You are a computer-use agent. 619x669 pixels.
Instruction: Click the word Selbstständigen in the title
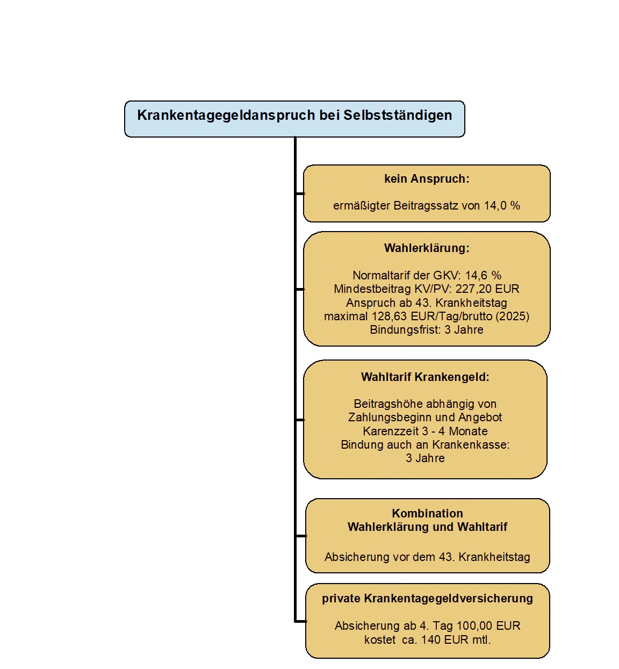click(398, 116)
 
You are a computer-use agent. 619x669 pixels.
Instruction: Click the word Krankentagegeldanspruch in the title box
click(226, 116)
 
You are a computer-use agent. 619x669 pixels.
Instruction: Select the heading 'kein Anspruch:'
click(427, 179)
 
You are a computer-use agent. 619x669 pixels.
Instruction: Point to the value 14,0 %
click(502, 205)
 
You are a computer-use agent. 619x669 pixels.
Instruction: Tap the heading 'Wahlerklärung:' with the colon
click(427, 248)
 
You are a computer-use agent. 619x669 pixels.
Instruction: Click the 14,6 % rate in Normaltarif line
click(483, 276)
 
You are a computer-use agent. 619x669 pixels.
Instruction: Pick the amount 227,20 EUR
click(487, 289)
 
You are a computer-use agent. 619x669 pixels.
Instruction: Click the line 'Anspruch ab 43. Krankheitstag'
click(426, 303)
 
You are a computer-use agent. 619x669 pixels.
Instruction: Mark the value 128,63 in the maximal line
click(390, 316)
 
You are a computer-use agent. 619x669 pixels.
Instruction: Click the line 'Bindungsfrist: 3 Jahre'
click(426, 329)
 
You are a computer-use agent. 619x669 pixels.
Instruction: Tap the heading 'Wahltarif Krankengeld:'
click(425, 377)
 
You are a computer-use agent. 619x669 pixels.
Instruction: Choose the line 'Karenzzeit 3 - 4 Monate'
click(425, 431)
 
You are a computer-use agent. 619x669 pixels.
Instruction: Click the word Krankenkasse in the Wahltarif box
click(471, 444)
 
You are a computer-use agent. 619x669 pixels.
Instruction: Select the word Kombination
click(427, 513)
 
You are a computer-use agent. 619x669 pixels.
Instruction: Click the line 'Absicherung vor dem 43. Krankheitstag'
click(427, 557)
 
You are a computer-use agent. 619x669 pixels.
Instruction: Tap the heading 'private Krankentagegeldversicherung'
click(427, 598)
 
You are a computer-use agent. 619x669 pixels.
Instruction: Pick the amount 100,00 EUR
click(488, 625)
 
